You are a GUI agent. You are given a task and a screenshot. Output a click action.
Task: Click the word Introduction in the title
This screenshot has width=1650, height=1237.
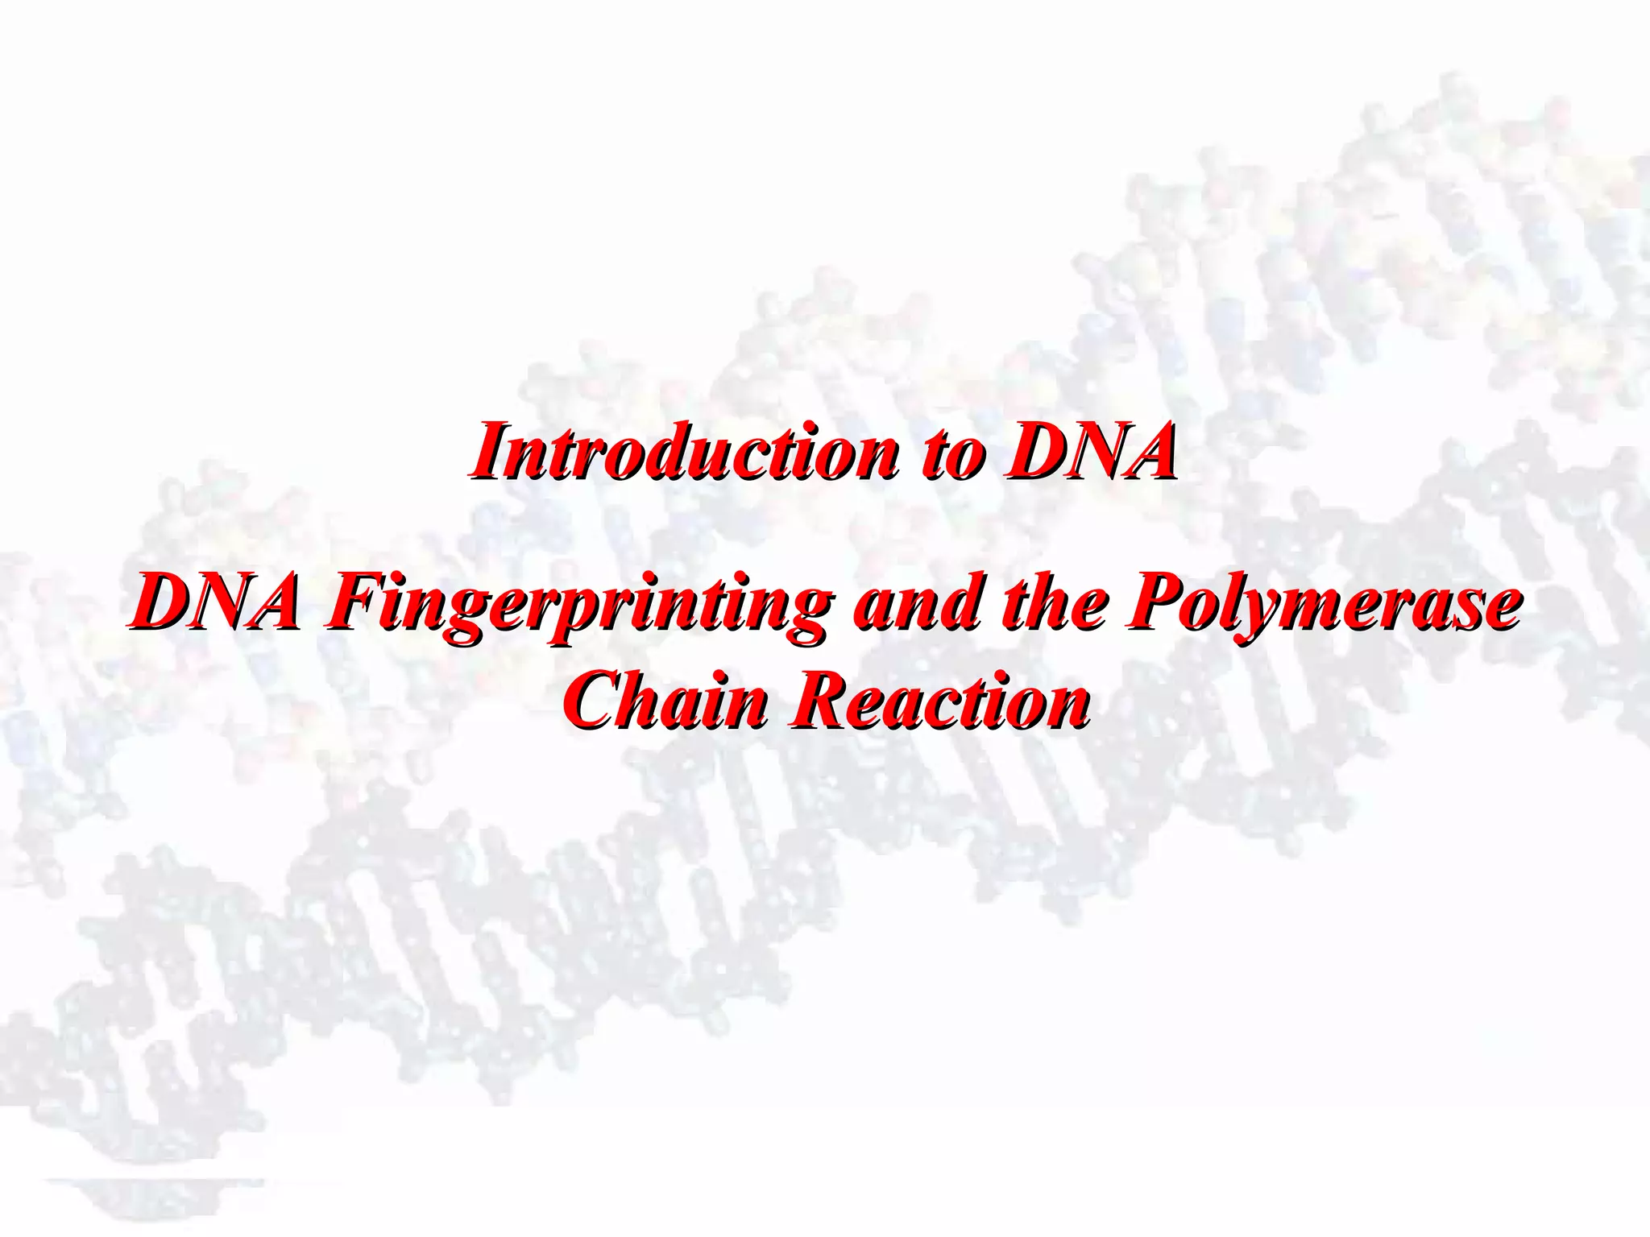(x=685, y=452)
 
